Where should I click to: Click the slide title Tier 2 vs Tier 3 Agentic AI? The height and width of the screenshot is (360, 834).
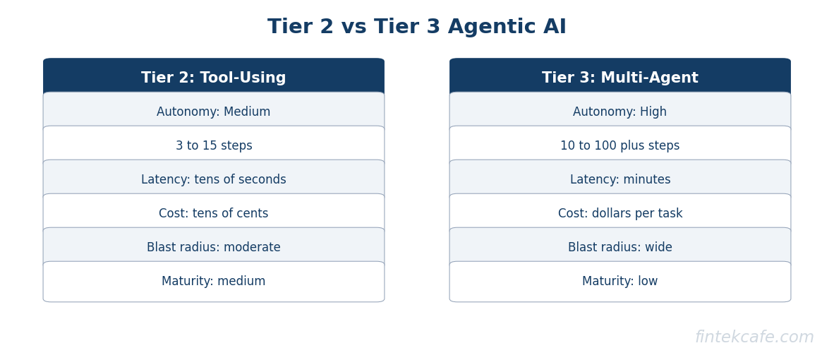pyautogui.click(x=416, y=28)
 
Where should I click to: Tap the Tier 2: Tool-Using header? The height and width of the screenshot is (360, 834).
pyautogui.click(x=213, y=78)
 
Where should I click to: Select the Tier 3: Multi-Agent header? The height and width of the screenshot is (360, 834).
pyautogui.click(x=620, y=78)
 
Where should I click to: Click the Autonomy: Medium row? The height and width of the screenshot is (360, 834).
pyautogui.click(x=213, y=112)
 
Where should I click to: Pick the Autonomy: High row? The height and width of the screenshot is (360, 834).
pyautogui.click(x=620, y=112)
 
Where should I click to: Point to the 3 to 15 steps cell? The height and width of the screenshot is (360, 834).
pyautogui.click(x=213, y=146)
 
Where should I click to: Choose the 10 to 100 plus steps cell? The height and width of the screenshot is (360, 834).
pyautogui.click(x=620, y=146)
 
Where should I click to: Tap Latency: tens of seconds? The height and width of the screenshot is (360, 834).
pyautogui.click(x=213, y=180)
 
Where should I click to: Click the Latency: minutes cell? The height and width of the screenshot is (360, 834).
pyautogui.click(x=620, y=180)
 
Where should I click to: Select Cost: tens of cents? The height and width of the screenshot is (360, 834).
pyautogui.click(x=213, y=214)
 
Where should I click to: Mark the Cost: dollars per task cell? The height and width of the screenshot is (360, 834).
pyautogui.click(x=620, y=214)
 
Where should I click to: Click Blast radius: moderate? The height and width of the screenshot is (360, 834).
pyautogui.click(x=213, y=248)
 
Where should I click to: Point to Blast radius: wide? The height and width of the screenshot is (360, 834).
pyautogui.click(x=620, y=248)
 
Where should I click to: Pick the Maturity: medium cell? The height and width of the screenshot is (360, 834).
pyautogui.click(x=213, y=282)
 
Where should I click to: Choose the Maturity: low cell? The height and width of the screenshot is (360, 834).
pyautogui.click(x=620, y=282)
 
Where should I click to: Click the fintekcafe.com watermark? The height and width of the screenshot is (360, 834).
pyautogui.click(x=754, y=337)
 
